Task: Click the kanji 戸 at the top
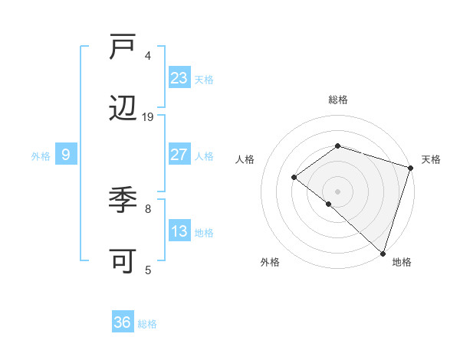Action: [123, 47]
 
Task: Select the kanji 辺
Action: [123, 110]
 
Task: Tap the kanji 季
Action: [123, 201]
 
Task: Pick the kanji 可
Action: [123, 262]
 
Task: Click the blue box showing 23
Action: [179, 77]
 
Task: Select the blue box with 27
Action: [179, 155]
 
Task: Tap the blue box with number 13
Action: [179, 231]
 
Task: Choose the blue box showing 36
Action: [123, 322]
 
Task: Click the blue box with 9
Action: [66, 155]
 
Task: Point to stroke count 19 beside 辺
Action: [148, 116]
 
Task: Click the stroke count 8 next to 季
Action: [148, 208]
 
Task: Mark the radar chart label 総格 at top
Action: [337, 100]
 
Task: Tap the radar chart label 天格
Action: [431, 159]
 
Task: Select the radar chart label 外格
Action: [270, 262]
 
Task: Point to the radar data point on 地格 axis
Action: [383, 253]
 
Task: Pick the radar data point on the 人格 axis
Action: [294, 177]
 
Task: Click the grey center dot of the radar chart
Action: [337, 191]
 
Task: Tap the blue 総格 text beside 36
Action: [147, 324]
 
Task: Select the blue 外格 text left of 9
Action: [41, 155]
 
